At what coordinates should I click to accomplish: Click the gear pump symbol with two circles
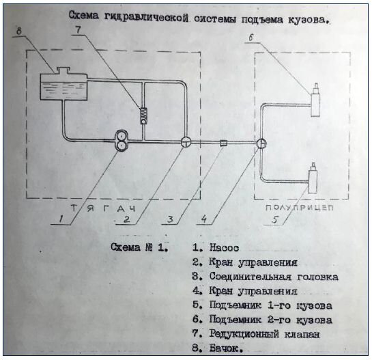coord(121,141)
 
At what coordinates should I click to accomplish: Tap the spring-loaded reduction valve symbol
coord(143,115)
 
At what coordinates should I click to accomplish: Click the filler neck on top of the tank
coord(63,70)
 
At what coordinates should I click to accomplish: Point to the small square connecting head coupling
coord(223,143)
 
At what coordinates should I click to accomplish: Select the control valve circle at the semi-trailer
coord(261,143)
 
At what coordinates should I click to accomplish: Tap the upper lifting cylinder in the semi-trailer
coord(315,102)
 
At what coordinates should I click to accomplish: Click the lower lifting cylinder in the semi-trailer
coord(313,179)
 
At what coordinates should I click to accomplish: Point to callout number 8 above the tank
coord(19,31)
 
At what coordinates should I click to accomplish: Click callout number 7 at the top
coord(78,30)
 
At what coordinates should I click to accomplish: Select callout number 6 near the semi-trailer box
coord(252,38)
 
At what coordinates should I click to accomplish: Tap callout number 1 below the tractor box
coord(61,219)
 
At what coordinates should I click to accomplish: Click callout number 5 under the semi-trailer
coord(275,220)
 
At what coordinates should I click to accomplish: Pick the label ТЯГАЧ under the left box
coord(104,208)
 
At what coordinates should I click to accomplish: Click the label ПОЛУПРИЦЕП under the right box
coord(300,208)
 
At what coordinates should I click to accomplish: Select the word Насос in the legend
coord(224,248)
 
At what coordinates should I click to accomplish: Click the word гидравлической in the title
coord(146,17)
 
